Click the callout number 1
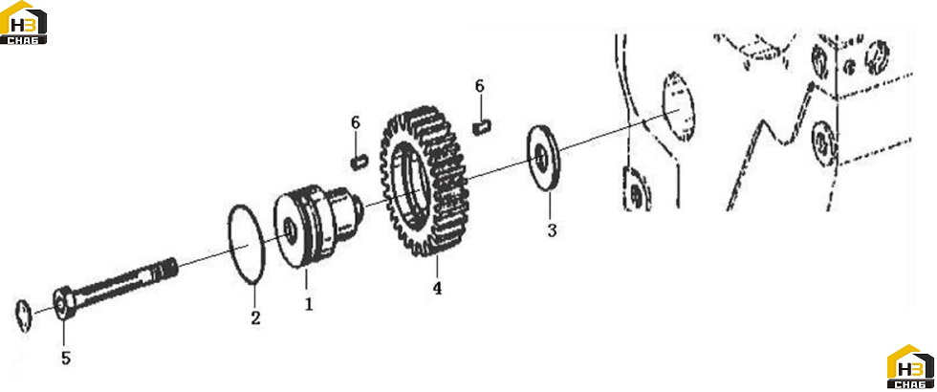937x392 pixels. coord(308,304)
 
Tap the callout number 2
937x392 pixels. coord(256,317)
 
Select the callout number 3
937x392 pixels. coord(552,230)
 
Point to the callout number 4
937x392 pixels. coord(438,289)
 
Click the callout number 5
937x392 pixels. coord(66,359)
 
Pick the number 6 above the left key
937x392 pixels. coord(356,122)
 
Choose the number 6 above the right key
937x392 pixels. coord(480,87)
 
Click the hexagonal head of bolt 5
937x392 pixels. coord(63,304)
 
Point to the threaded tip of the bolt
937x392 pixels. coord(166,269)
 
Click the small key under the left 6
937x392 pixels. coord(359,162)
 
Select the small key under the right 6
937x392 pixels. coord(481,127)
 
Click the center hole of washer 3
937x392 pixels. coord(541,159)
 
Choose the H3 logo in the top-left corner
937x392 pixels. coord(24,23)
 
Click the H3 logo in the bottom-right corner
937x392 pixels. coord(910,367)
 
